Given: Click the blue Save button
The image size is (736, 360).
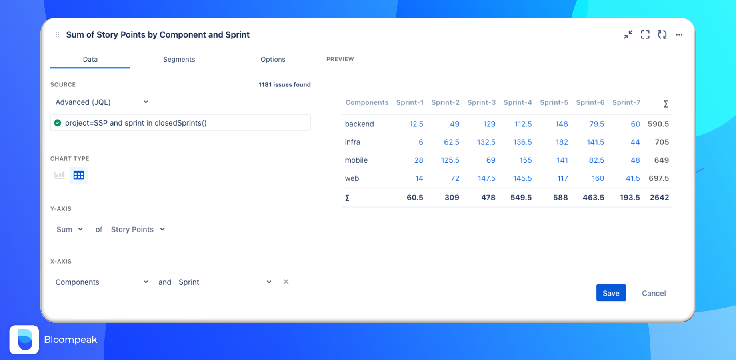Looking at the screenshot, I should pyautogui.click(x=611, y=293).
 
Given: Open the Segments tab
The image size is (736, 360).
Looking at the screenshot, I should pyautogui.click(x=179, y=59).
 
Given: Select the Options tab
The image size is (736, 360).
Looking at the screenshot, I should pyautogui.click(x=273, y=59).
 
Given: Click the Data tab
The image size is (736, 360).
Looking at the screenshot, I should pyautogui.click(x=90, y=59).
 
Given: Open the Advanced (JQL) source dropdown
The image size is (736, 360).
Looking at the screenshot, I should pyautogui.click(x=102, y=102).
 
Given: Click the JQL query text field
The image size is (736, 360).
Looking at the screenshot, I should pyautogui.click(x=180, y=123).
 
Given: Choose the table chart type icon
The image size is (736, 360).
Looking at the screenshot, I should pyautogui.click(x=79, y=175).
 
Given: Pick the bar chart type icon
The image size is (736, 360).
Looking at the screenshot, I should pyautogui.click(x=60, y=175).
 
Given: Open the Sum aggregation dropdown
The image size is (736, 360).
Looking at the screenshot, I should pyautogui.click(x=70, y=229).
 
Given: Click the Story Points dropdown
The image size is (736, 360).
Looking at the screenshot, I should pyautogui.click(x=138, y=229).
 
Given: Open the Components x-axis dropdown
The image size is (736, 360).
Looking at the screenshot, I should pyautogui.click(x=102, y=282).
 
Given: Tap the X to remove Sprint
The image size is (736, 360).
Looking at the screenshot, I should pyautogui.click(x=286, y=282).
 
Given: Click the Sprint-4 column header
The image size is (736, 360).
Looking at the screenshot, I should pyautogui.click(x=518, y=102).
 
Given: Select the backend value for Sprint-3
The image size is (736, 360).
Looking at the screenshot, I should pyautogui.click(x=489, y=124).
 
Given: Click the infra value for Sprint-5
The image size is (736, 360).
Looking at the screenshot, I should pyautogui.click(x=562, y=142).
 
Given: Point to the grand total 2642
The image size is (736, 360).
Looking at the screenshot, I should pyautogui.click(x=659, y=198).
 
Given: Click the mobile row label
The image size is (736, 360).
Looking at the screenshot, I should pyautogui.click(x=356, y=160).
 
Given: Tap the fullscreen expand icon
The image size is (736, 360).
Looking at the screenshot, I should pyautogui.click(x=645, y=35).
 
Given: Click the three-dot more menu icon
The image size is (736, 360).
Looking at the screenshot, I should pyautogui.click(x=679, y=35).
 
